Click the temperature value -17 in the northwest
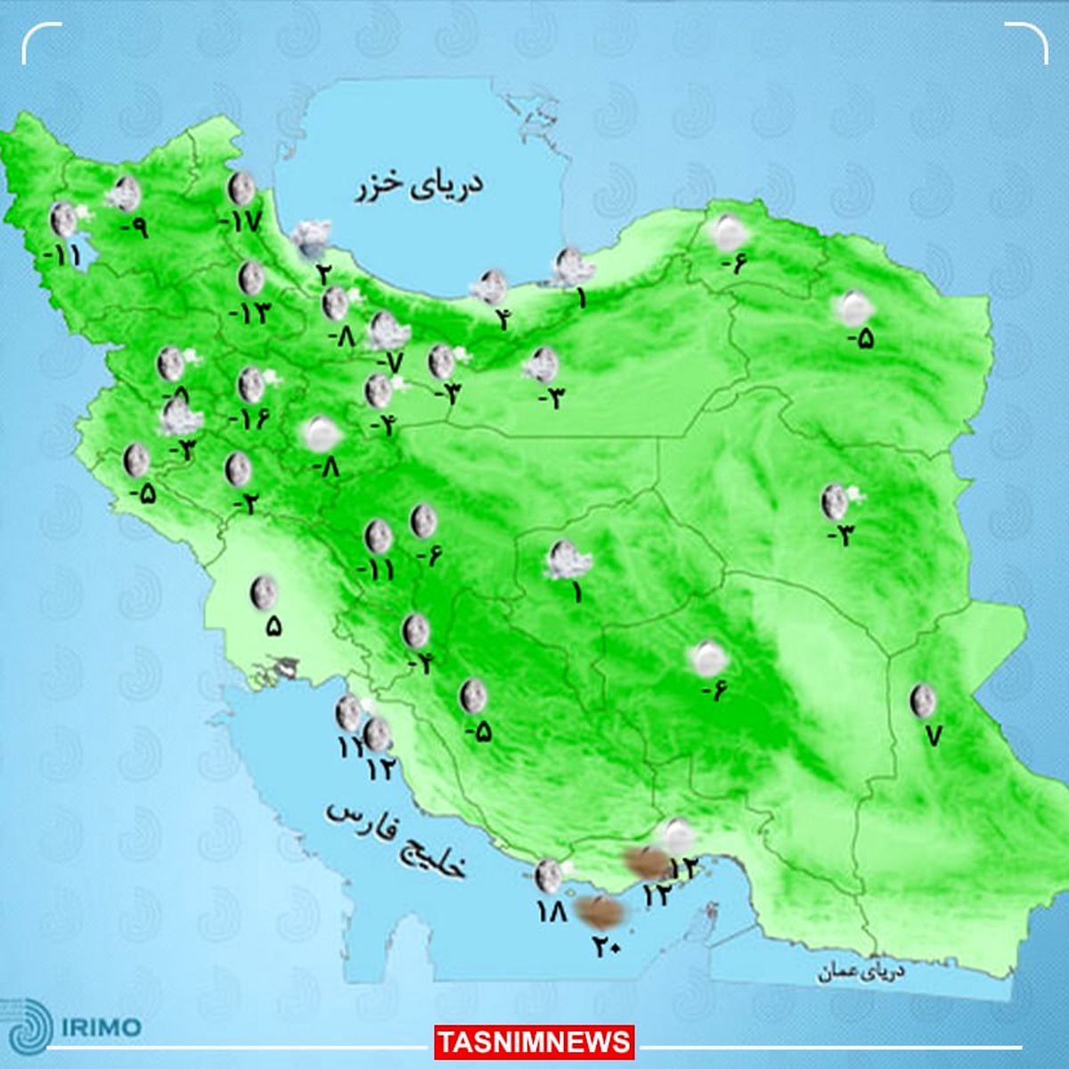tap(241, 221)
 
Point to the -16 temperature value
tap(249, 418)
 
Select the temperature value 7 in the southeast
tap(933, 735)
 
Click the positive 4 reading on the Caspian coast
tap(503, 318)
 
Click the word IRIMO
tap(102, 1027)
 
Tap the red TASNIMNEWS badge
tap(534, 1041)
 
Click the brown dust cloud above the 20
tap(600, 910)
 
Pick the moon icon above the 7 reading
tap(922, 700)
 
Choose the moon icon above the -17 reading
tap(241, 189)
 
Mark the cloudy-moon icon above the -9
tap(125, 192)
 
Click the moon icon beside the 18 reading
tap(548, 877)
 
